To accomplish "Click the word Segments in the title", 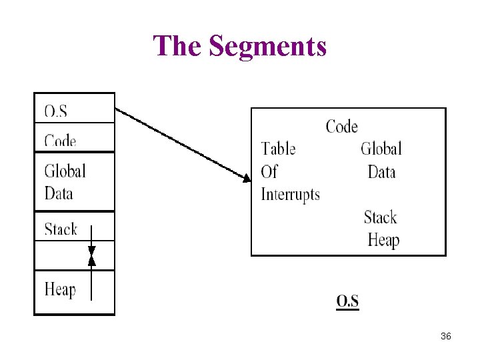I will pyautogui.click(x=267, y=47).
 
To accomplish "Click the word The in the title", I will pyautogui.click(x=178, y=47).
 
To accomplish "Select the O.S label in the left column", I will pyautogui.click(x=55, y=111).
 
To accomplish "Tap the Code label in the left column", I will pyautogui.click(x=60, y=141).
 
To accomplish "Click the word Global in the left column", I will pyautogui.click(x=65, y=171).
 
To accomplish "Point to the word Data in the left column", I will pyautogui.click(x=59, y=193).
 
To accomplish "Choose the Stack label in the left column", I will pyautogui.click(x=61, y=229).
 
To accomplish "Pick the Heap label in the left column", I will pyautogui.click(x=60, y=289).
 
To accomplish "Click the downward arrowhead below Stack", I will pyautogui.click(x=92, y=251).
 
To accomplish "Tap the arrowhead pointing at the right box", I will pyautogui.click(x=247, y=178).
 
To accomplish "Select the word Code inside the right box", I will pyautogui.click(x=341, y=127).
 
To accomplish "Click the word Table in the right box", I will pyautogui.click(x=278, y=149).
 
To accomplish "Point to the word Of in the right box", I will pyautogui.click(x=269, y=172).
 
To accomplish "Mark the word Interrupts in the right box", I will pyautogui.click(x=290, y=195).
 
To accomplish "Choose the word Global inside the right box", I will pyautogui.click(x=381, y=149).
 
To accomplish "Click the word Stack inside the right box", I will pyautogui.click(x=380, y=217).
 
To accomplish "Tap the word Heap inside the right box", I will pyautogui.click(x=383, y=240).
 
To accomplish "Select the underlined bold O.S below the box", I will pyautogui.click(x=347, y=301).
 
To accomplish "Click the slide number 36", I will pyautogui.click(x=446, y=337).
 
